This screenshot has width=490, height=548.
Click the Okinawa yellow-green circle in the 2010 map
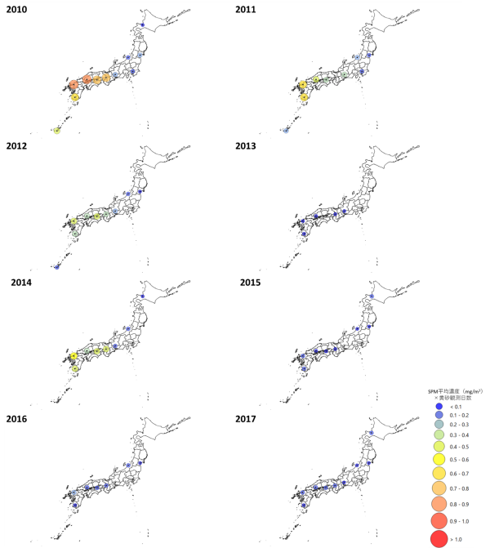[x=57, y=131]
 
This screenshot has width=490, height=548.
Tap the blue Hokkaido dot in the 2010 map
[x=142, y=25]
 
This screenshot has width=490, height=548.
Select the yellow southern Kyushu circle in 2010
[x=74, y=98]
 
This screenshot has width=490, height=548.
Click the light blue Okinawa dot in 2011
[x=286, y=131]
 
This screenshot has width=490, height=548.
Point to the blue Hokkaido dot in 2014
[x=142, y=296]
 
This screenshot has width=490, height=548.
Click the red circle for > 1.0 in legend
[x=439, y=538]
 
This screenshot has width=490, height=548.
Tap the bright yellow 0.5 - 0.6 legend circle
[x=439, y=461]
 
